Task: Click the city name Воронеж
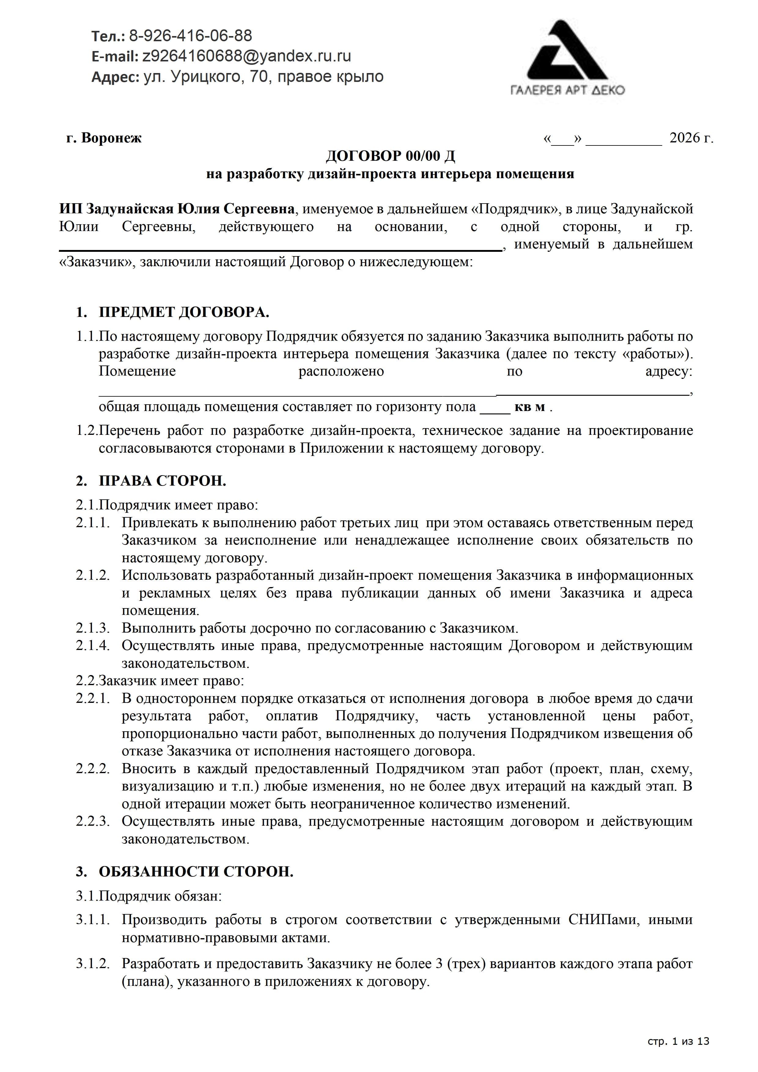(111, 138)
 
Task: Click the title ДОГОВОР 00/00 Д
(390, 156)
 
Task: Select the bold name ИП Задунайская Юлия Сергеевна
(177, 209)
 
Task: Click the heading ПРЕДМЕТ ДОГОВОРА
(184, 312)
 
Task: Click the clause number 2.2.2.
(93, 769)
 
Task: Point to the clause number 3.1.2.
(93, 963)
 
